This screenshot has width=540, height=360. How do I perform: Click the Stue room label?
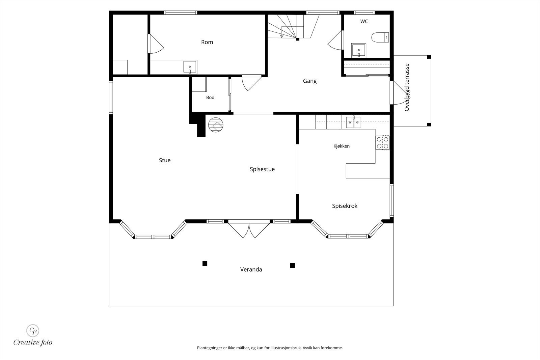click(x=165, y=160)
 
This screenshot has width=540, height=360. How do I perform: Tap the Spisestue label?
click(x=262, y=169)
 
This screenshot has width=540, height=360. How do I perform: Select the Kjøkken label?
click(x=341, y=146)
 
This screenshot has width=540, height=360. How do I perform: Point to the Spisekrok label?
click(x=345, y=206)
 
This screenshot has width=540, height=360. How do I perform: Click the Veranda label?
click(x=251, y=269)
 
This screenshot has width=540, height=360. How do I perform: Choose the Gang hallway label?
click(x=310, y=81)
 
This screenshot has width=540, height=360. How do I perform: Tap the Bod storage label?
click(x=210, y=98)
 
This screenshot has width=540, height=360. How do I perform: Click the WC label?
click(x=364, y=22)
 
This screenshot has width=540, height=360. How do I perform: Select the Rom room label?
click(x=207, y=42)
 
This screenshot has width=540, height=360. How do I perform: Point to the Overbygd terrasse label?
click(x=407, y=87)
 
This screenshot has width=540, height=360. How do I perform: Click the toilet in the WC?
click(x=380, y=37)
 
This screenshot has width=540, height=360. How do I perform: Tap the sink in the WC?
click(x=359, y=51)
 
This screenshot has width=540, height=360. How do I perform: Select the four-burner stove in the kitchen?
click(x=383, y=143)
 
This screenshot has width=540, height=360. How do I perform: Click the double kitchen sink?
click(x=353, y=122)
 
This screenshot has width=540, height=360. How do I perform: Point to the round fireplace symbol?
click(x=216, y=125)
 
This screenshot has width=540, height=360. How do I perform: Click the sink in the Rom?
click(x=190, y=67)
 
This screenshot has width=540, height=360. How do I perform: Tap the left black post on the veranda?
click(x=205, y=264)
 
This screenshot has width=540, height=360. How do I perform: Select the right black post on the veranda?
click(x=292, y=265)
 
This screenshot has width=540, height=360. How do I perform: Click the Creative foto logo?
click(x=33, y=335)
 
